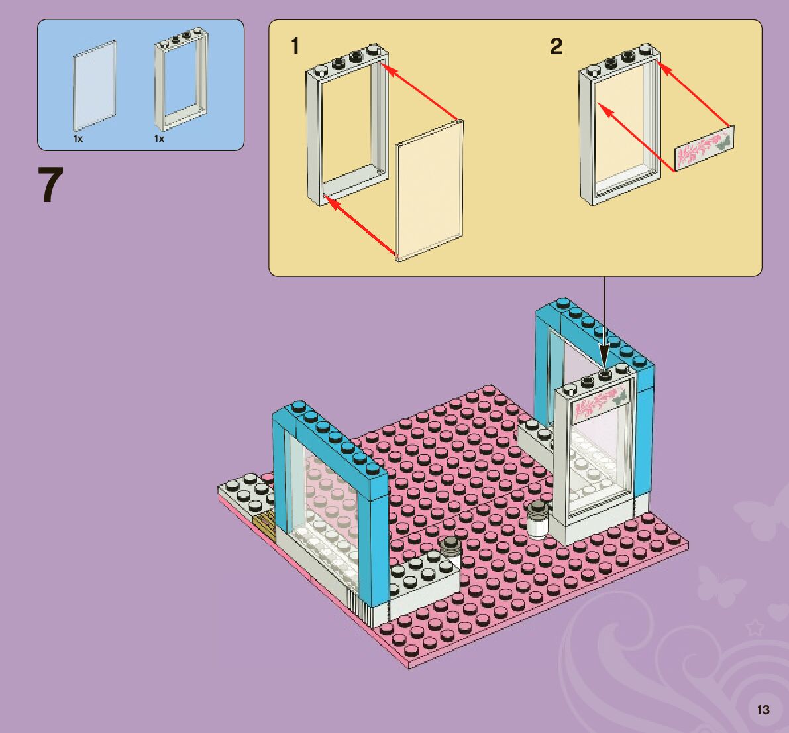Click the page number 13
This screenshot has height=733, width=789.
[x=763, y=710]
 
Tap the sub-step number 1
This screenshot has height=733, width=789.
[x=295, y=46]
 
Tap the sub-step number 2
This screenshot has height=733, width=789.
[x=556, y=46]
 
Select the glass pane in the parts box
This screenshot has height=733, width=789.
[x=93, y=85]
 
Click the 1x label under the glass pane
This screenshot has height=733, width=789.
[x=78, y=139]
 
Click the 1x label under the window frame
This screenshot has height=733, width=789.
[x=159, y=139]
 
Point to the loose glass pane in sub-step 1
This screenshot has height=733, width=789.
[x=429, y=190]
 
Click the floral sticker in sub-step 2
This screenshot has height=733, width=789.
[x=705, y=150]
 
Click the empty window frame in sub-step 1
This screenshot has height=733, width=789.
[x=346, y=126]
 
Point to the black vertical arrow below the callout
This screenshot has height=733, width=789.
[x=604, y=318]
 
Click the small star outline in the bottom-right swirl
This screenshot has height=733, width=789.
[x=755, y=627]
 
